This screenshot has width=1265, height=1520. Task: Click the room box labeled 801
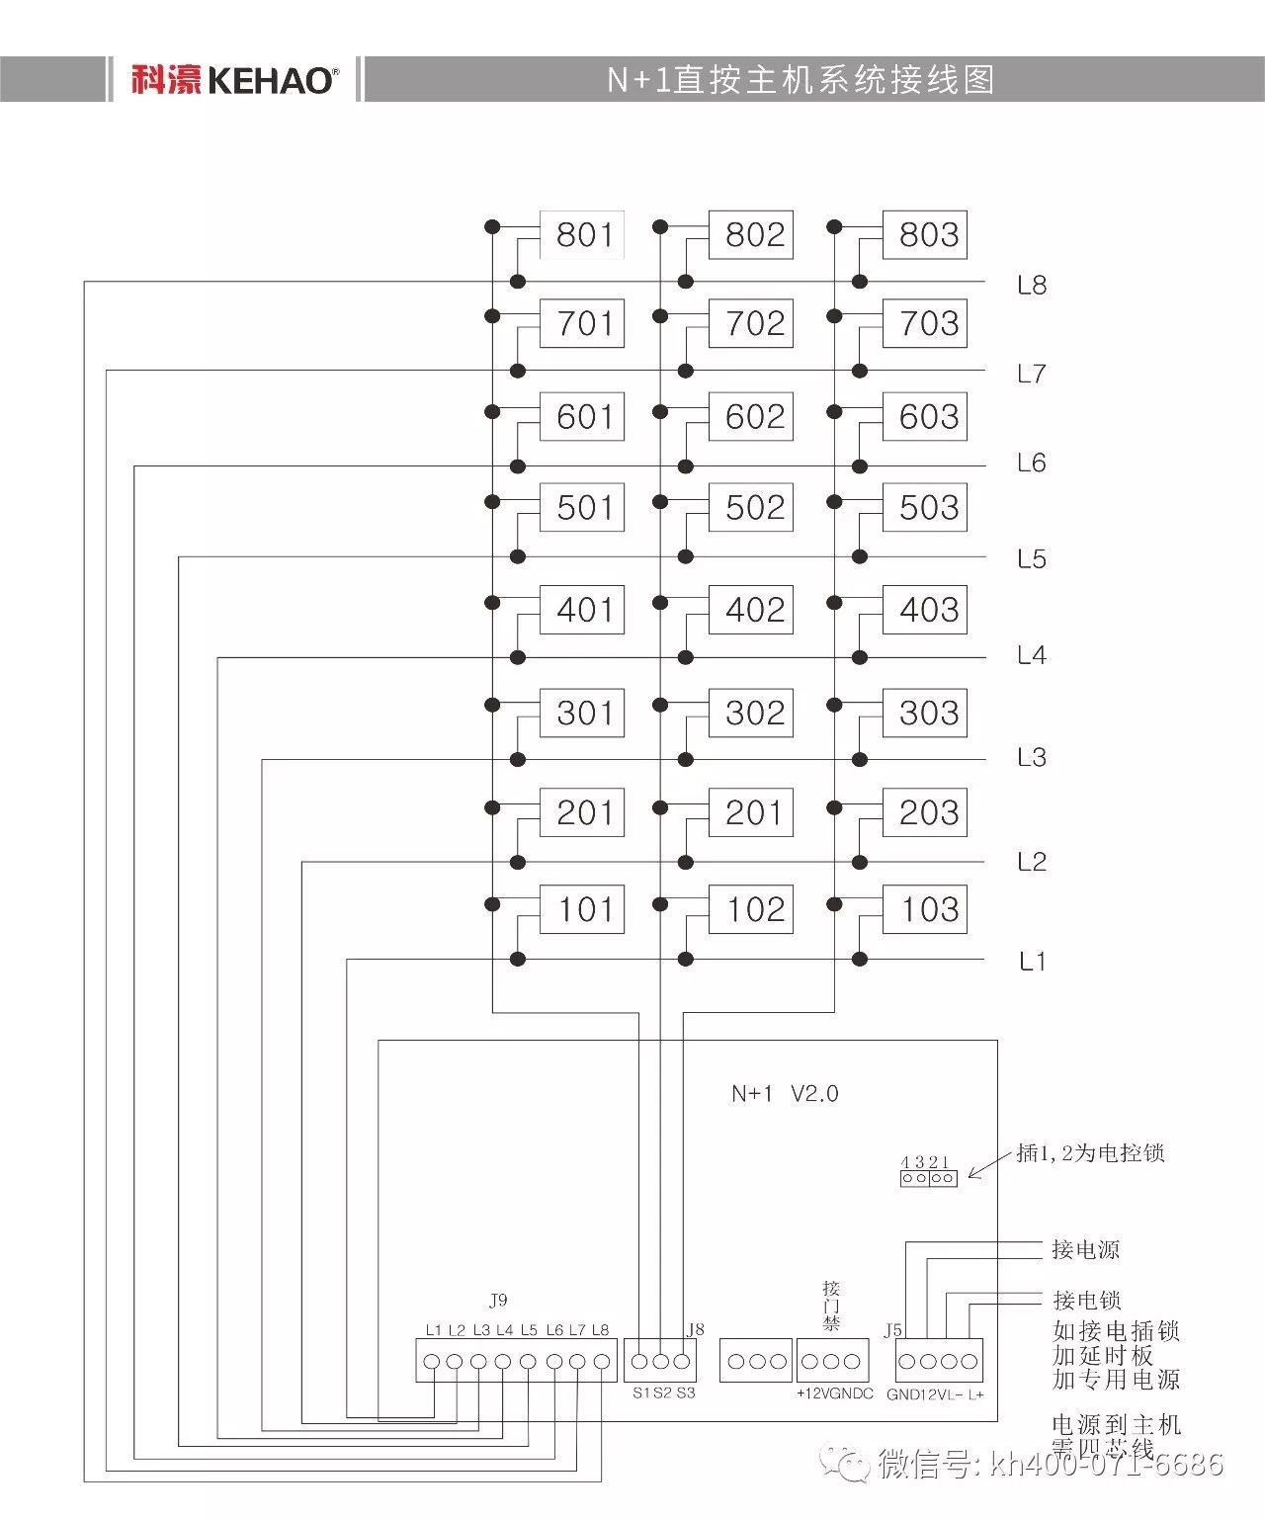582,235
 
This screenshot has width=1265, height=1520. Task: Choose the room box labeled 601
582,417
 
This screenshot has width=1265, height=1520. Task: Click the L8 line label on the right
1032,286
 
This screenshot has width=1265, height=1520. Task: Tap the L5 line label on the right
1032,559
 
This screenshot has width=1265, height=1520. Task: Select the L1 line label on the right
1032,961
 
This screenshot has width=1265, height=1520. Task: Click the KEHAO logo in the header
234,80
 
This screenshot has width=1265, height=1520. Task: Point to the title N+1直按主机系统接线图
801,80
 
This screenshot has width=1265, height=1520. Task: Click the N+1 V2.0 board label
785,1093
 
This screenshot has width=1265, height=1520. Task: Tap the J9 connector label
498,1301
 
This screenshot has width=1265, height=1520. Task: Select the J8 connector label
696,1329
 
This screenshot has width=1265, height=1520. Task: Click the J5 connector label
892,1330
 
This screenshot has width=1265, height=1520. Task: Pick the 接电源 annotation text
1085,1250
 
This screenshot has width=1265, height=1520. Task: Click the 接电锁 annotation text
1086,1301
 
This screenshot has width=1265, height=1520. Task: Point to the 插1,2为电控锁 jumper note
1090,1153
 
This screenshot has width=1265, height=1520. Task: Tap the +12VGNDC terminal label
835,1393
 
